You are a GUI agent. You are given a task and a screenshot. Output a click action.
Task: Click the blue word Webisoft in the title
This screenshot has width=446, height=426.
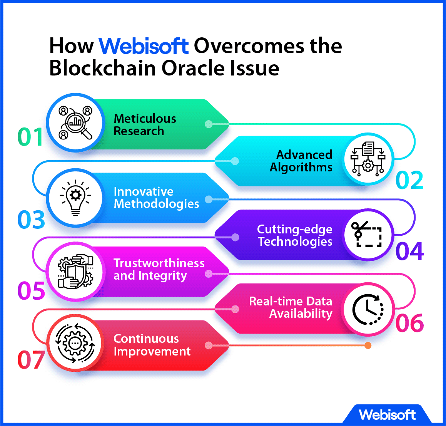pos(144,46)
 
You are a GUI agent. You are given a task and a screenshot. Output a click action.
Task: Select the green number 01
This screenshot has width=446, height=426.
pos(30,137)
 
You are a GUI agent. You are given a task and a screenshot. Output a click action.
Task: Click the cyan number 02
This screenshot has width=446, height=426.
pos(409,180)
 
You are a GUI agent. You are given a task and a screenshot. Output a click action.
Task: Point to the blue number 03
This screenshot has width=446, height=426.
pos(31,220)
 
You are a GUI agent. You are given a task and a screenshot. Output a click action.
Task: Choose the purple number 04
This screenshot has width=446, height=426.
pos(410,251)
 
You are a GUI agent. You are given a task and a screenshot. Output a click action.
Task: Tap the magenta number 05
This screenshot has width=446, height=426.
pos(31,291)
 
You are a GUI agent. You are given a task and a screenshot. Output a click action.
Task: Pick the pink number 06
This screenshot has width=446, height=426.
pos(410,323)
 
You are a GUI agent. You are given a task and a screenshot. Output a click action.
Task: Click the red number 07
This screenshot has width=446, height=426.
pos(31,360)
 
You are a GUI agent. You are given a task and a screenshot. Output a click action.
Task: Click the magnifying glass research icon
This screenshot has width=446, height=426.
pos(75,122)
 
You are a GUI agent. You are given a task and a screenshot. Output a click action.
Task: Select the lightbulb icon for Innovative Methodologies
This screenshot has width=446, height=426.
pos(75,198)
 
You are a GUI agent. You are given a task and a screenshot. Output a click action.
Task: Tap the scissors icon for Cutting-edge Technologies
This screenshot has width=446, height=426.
pos(367,234)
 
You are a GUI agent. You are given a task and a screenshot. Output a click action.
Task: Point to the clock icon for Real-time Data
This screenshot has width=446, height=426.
pos(368,309)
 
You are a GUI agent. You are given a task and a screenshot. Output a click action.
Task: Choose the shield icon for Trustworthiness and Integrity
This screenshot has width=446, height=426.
pos(75,271)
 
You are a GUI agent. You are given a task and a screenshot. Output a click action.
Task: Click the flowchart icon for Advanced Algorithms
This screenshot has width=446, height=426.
pos(368,159)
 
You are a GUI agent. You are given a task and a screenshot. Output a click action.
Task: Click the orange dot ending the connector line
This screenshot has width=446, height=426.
pos(368,345)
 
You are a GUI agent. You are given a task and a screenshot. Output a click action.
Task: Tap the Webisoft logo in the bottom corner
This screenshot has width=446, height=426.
pos(387,415)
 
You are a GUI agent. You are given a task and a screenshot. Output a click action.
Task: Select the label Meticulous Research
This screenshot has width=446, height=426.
pos(145,125)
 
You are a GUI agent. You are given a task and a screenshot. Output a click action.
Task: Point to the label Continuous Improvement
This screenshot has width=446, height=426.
pos(152,345)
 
